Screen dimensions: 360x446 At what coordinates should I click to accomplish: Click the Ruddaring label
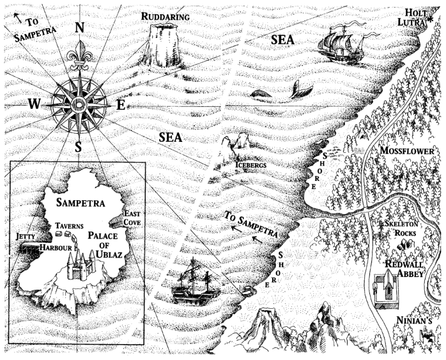165,14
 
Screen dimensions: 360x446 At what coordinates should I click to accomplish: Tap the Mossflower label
406,150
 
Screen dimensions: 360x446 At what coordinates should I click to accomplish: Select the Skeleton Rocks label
400,230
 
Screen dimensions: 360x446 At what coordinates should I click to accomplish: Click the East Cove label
132,218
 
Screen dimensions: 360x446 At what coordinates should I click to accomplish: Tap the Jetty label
24,236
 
